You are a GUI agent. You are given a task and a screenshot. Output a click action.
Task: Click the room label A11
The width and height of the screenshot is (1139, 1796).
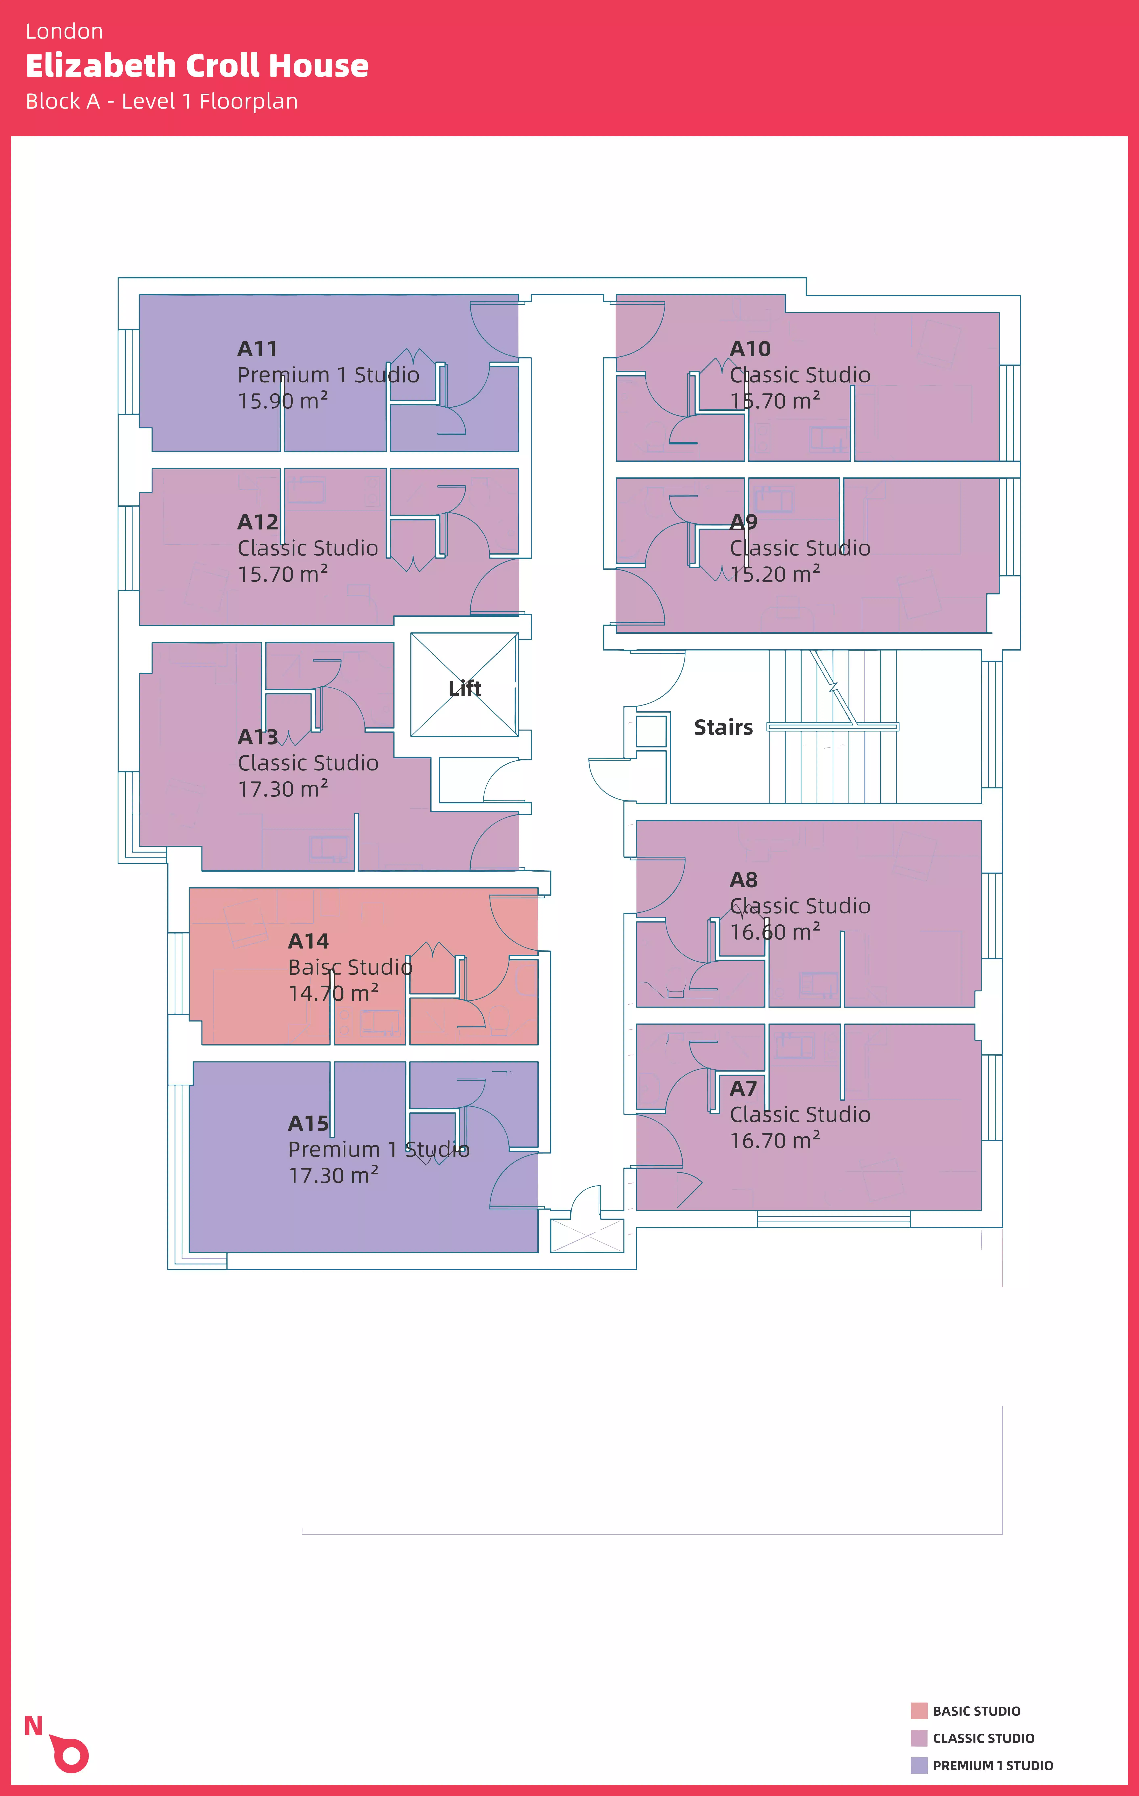point(257,349)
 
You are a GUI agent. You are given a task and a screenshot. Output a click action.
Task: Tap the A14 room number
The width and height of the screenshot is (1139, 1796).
point(308,941)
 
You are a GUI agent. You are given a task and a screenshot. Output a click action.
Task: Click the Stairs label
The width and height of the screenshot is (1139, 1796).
point(723,727)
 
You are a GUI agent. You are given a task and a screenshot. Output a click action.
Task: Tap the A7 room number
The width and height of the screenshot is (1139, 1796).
point(743,1089)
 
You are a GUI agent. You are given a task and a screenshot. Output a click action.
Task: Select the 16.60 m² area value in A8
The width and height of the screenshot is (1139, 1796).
point(775,932)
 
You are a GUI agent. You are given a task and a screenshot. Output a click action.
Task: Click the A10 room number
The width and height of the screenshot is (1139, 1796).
point(750,349)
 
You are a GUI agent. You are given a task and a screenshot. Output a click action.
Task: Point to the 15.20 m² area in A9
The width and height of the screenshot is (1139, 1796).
point(775,574)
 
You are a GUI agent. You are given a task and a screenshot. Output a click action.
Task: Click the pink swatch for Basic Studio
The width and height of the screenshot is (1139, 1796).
point(919,1711)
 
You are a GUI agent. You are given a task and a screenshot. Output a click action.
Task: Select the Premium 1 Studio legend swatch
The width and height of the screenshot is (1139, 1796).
point(919,1765)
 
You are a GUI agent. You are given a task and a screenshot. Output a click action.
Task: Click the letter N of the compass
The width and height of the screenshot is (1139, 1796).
point(33,1726)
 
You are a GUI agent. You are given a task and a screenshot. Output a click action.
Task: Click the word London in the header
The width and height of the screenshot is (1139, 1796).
point(64,31)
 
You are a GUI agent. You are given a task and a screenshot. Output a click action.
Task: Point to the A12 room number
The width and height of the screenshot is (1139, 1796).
point(257,522)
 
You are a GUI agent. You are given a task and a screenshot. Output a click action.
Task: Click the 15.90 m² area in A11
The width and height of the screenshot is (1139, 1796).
point(283,401)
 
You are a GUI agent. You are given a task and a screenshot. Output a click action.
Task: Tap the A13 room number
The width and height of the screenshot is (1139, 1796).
point(257,737)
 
